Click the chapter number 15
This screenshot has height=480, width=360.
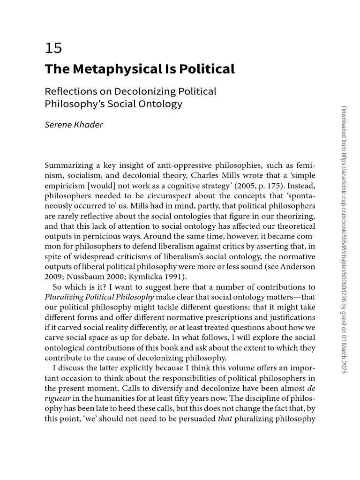coord(53,48)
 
